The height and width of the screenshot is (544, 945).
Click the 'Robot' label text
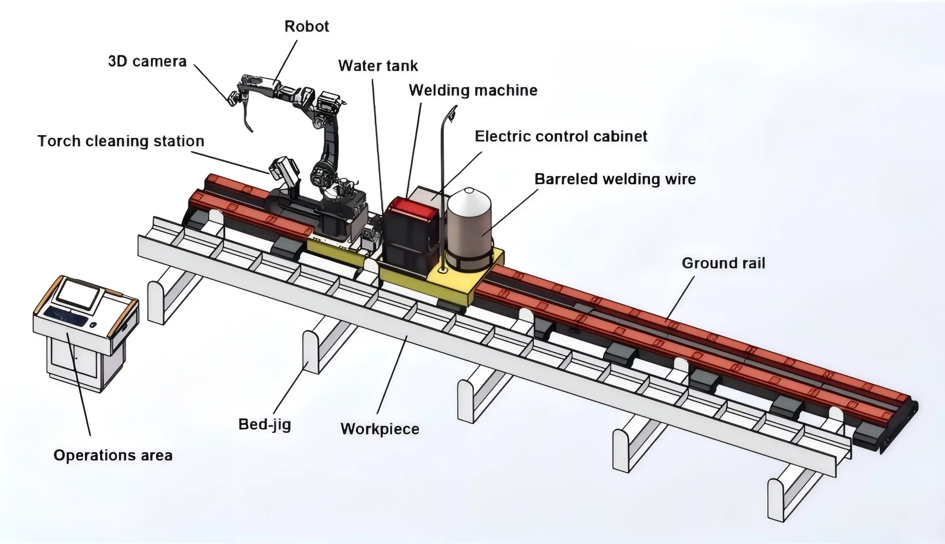click(x=307, y=26)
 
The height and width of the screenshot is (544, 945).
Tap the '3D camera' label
click(x=147, y=61)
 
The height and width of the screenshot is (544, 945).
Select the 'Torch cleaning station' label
click(x=121, y=141)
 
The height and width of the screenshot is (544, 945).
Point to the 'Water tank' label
click(x=378, y=66)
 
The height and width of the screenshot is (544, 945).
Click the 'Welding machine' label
click(x=473, y=90)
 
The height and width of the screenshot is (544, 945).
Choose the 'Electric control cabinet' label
click(x=561, y=136)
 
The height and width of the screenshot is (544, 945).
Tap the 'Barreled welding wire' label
click(x=615, y=179)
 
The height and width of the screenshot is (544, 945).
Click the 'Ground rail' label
click(x=723, y=263)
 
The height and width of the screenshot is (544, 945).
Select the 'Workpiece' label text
click(x=380, y=429)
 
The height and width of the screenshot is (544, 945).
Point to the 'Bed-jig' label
click(x=265, y=424)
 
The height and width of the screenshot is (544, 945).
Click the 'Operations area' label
click(x=113, y=455)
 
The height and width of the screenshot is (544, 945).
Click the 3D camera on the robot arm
click(x=233, y=99)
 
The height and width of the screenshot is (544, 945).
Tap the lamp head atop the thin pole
click(x=453, y=113)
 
